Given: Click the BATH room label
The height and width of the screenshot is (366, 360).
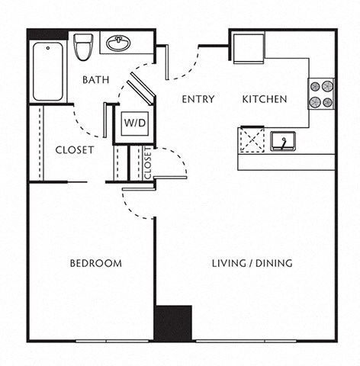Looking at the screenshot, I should [95, 79].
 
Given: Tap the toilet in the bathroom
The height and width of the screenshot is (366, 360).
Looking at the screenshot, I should [83, 47].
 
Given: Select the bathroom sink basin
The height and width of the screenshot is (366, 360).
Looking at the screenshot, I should [117, 43].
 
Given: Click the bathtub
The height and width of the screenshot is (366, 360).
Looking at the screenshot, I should [47, 71].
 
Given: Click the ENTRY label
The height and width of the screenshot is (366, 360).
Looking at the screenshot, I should [198, 99].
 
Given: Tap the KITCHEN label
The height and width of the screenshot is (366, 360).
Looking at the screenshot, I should [265, 99].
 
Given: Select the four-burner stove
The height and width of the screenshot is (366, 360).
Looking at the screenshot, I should [321, 94].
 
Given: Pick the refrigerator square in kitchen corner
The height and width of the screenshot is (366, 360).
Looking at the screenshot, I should [248, 47].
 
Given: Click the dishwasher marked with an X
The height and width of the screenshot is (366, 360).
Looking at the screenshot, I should [251, 140].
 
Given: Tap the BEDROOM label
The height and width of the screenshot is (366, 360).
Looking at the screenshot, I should [96, 263].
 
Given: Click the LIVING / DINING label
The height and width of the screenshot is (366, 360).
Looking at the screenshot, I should [252, 263].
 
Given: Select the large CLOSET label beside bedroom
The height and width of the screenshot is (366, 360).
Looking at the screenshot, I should [75, 150].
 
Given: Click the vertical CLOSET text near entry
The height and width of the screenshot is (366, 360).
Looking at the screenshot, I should [148, 162].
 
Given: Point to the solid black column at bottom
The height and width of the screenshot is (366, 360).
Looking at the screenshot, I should [173, 322].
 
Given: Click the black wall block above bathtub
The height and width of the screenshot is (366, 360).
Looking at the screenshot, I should [47, 34].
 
